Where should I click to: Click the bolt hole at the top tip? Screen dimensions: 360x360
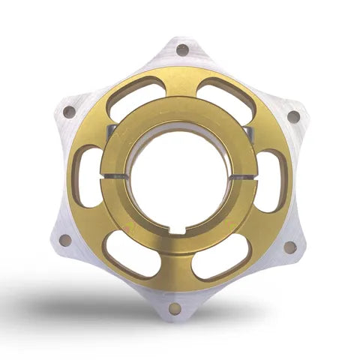pos(182,50)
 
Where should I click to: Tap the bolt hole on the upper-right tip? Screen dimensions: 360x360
pos(292,116)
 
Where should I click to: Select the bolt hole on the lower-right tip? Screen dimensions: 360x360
pos(289,246)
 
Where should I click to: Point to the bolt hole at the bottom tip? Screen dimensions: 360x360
pos(175,308)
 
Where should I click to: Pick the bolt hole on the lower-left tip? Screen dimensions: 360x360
pos(65,241)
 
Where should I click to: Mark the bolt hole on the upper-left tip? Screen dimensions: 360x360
pos(69,112)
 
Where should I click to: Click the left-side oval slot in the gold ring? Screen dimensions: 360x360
pos(88,175)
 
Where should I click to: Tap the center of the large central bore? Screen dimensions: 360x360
pos(180,178)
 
